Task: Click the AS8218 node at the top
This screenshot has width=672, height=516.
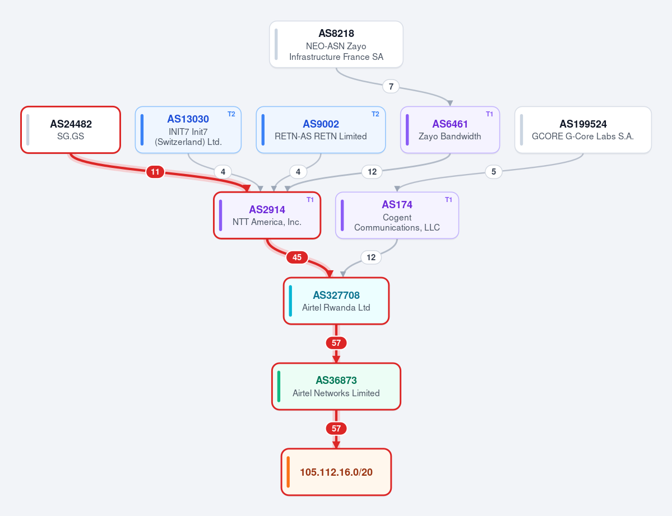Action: [x=336, y=45]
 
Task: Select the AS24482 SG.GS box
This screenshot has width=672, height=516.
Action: [x=71, y=130]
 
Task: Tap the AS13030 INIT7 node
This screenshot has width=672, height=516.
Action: [x=188, y=130]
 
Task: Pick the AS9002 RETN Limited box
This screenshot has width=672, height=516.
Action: [x=321, y=130]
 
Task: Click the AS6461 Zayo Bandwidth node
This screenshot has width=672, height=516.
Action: [x=450, y=130]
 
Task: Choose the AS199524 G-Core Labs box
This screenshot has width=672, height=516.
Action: [x=583, y=130]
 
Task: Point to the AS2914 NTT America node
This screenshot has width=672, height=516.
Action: [x=267, y=215]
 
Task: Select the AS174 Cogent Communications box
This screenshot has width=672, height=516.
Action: [x=397, y=215]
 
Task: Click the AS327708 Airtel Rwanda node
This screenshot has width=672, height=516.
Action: [x=336, y=301]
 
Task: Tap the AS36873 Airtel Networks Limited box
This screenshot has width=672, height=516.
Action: [x=336, y=386]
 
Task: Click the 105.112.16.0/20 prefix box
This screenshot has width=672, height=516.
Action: [x=336, y=472]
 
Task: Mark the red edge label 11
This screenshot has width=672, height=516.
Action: [x=155, y=172]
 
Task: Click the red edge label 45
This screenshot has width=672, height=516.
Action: [x=297, y=257]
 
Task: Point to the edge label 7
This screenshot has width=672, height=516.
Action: [x=391, y=86]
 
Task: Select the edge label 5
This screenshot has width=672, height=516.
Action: [x=494, y=172]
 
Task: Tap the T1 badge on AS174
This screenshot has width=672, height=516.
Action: [x=448, y=200]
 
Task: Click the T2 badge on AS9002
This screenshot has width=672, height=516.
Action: [x=375, y=114]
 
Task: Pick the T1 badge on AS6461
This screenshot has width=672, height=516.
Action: [x=489, y=114]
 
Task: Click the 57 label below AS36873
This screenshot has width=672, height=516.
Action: [x=336, y=428]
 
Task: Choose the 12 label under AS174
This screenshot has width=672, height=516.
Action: [x=371, y=257]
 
